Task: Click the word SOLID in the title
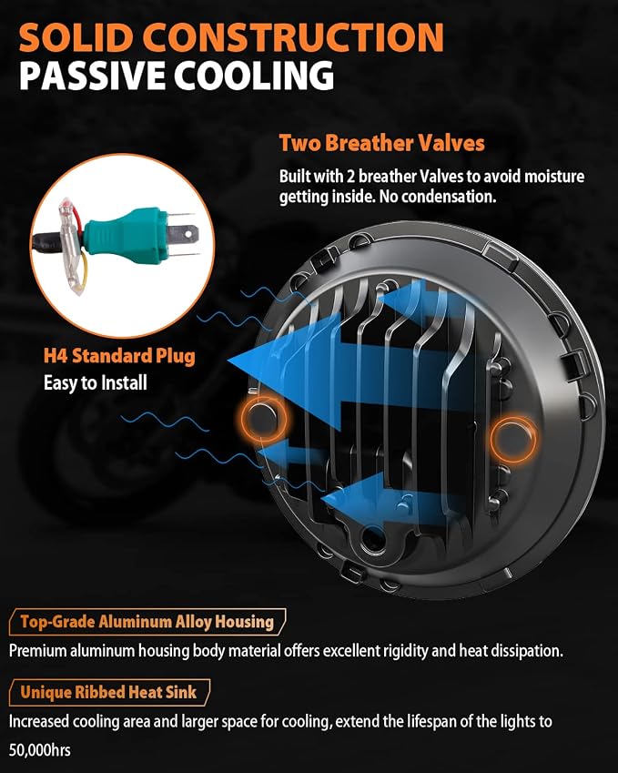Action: click(x=76, y=38)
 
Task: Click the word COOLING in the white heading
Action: click(x=254, y=76)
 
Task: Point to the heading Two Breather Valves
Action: click(x=382, y=143)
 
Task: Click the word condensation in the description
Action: click(x=449, y=197)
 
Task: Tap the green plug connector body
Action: click(x=125, y=236)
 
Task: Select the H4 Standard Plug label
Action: click(x=119, y=356)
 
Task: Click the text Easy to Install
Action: click(x=96, y=383)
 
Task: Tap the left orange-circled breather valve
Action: click(x=263, y=419)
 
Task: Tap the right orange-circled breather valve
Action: click(x=513, y=439)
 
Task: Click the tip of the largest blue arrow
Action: click(x=228, y=361)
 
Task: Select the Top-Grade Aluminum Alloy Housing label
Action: click(x=147, y=622)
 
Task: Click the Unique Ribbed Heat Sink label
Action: click(x=109, y=692)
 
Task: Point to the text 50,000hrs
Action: click(x=39, y=750)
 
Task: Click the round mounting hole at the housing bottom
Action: click(x=373, y=540)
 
